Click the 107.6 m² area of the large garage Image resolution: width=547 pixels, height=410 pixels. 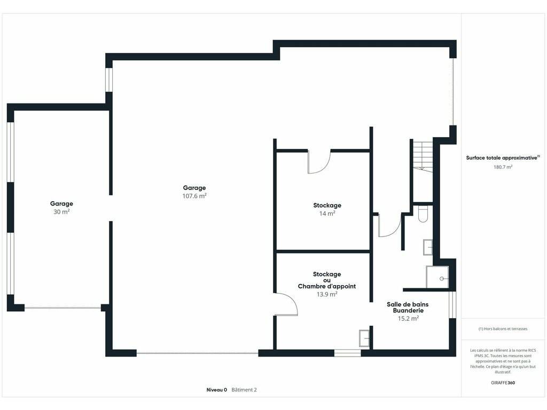[194, 196]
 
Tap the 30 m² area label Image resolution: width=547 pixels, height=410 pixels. [61, 211]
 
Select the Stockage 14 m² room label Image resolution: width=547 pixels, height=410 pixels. [327, 206]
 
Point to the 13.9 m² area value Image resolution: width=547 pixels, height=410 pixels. [327, 294]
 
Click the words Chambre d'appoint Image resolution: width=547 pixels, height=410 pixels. [327, 286]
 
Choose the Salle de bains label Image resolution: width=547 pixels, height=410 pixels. [408, 304]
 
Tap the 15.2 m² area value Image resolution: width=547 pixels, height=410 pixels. [408, 318]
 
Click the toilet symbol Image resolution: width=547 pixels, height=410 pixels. [423, 214]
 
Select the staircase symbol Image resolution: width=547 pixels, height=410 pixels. [423, 155]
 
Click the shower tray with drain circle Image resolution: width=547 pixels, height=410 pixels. [437, 277]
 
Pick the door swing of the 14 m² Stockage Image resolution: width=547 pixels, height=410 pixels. [318, 162]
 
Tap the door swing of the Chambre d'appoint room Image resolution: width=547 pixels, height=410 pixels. [286, 304]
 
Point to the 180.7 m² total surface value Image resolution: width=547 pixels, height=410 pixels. [503, 167]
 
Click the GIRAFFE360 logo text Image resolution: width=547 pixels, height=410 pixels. [503, 382]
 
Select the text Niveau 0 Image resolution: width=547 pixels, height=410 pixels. [217, 390]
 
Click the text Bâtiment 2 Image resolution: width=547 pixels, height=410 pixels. [244, 390]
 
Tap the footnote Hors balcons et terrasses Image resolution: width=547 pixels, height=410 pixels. [503, 329]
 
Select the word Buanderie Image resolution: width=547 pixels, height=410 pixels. [408, 311]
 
